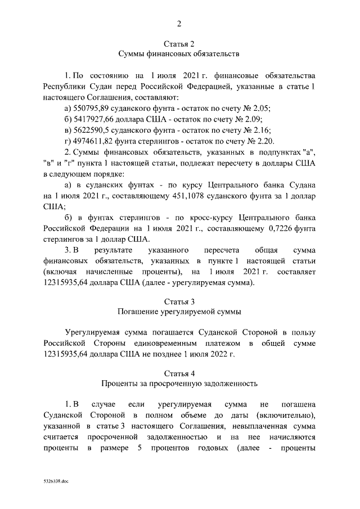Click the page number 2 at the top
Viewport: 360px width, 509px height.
point(179,24)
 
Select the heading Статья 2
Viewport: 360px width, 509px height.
point(179,44)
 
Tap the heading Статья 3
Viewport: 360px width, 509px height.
point(179,300)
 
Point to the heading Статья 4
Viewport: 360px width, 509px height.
point(179,373)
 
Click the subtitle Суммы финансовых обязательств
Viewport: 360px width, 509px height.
point(179,55)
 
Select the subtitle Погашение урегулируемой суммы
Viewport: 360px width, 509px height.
point(179,311)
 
